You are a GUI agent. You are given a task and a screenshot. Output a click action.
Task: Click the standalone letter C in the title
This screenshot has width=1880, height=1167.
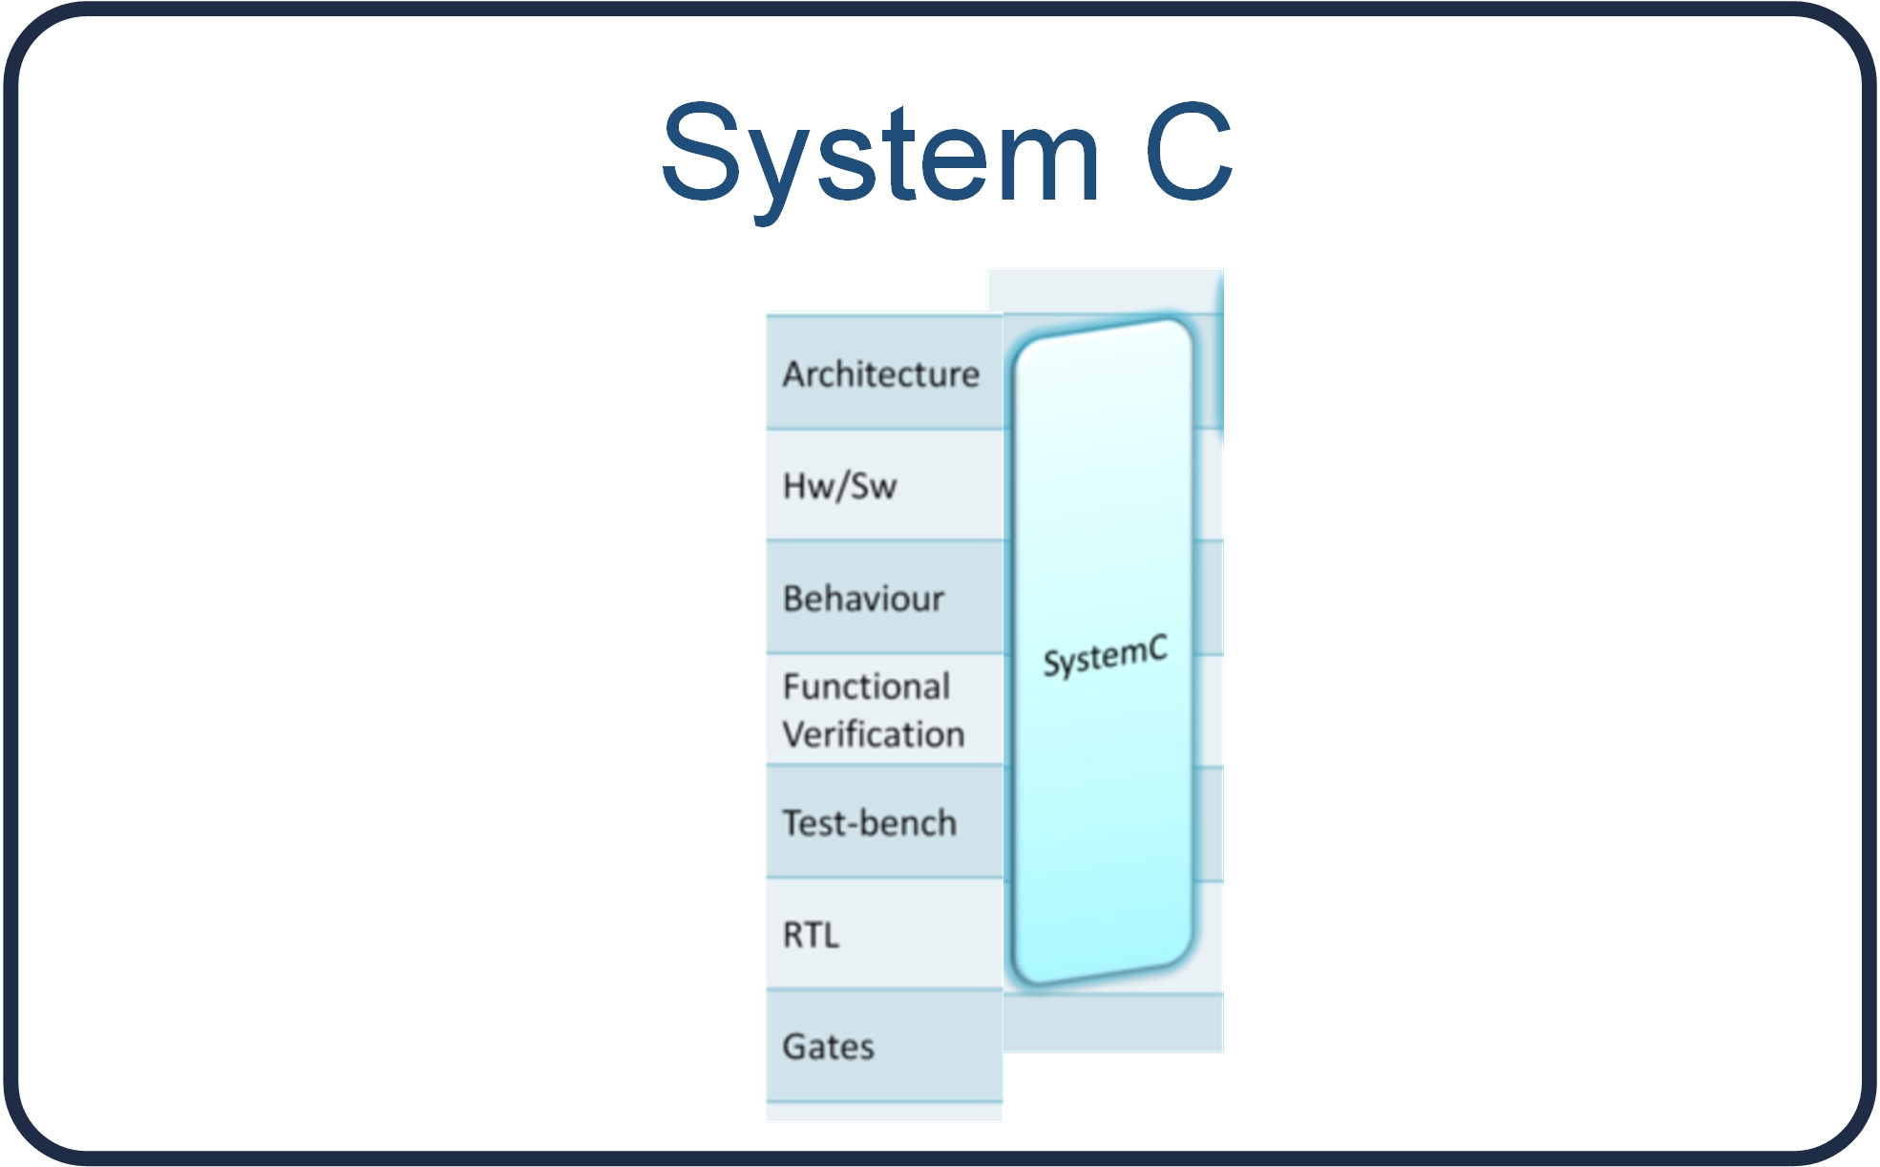[1189, 153]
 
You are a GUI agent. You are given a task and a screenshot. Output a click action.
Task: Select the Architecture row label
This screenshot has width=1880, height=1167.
[880, 374]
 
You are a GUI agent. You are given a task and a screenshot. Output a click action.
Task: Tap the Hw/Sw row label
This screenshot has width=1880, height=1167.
[839, 486]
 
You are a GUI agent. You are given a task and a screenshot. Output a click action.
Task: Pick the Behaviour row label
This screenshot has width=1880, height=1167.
[863, 599]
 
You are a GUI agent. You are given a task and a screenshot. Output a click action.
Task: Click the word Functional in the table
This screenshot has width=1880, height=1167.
[866, 687]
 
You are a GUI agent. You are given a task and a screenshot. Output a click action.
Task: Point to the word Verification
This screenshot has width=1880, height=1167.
[874, 734]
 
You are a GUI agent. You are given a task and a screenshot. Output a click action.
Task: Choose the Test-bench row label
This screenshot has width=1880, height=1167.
[869, 823]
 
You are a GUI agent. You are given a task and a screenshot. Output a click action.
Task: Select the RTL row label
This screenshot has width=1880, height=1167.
[811, 935]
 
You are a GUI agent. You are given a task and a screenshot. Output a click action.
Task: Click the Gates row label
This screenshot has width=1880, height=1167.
[828, 1047]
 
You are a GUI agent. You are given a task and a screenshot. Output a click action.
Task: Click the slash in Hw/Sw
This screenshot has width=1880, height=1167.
[840, 487]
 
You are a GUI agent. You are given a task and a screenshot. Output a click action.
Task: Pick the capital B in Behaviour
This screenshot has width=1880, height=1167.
[793, 599]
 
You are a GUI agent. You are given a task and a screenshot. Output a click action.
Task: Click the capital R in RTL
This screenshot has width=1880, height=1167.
[792, 935]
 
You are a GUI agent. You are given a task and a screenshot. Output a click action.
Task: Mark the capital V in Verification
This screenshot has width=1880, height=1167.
[794, 734]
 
